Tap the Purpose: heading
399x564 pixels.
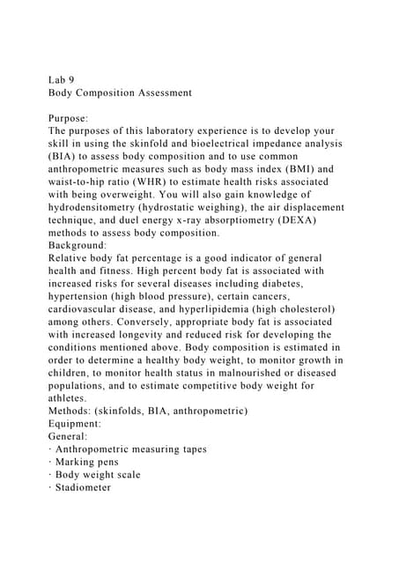tap(73, 116)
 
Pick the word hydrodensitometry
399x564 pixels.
tap(101, 207)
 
